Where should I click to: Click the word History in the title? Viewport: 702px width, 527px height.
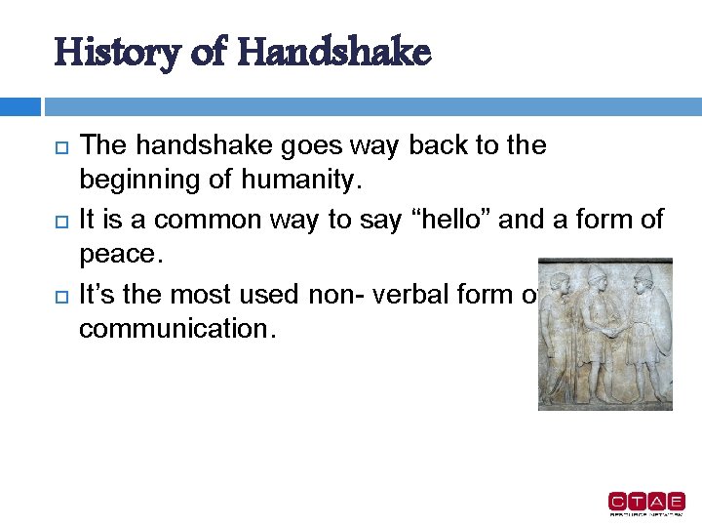[x=106, y=52]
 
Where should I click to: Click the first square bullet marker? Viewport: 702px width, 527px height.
[x=60, y=147]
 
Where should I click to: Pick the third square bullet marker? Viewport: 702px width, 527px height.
[x=60, y=295]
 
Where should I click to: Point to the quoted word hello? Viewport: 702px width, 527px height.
[x=457, y=220]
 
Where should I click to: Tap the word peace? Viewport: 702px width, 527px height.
[x=120, y=256]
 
